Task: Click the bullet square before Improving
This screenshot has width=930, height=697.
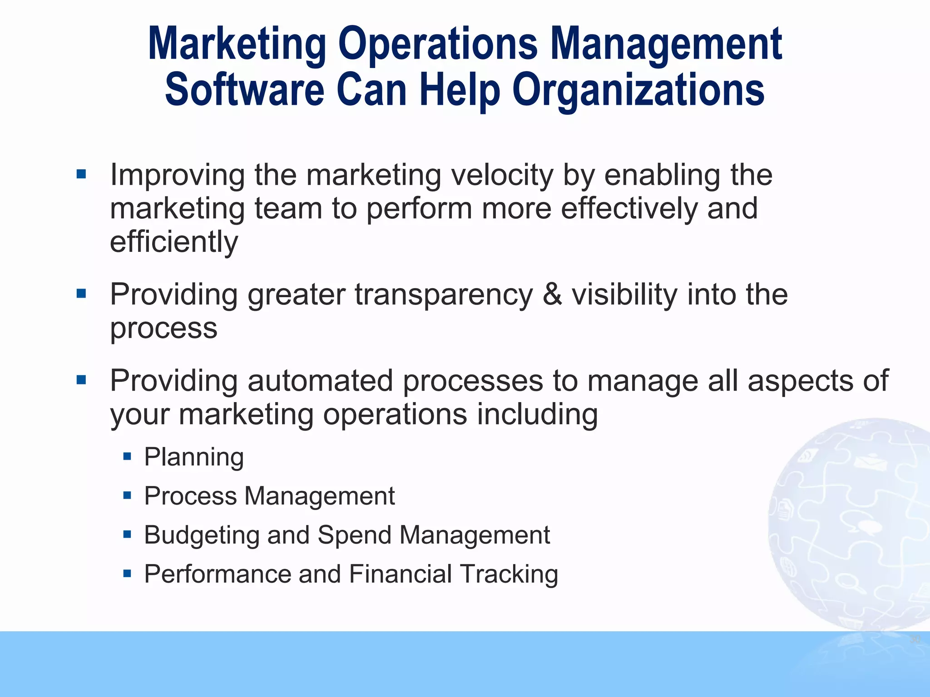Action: coord(81,174)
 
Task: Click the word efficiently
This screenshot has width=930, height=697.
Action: coord(174,242)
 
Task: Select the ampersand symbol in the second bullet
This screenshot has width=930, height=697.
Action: coord(552,295)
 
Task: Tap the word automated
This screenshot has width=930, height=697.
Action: coord(320,380)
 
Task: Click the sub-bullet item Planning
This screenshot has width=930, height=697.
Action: coord(194,457)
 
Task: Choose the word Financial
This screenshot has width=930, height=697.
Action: coord(401,574)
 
